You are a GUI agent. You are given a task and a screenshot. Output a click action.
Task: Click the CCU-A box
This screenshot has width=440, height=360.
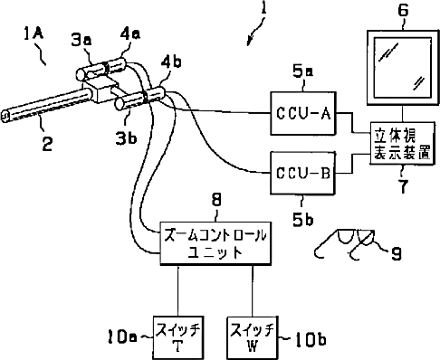coord(302,113)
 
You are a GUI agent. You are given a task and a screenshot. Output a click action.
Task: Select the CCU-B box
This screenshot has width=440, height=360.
coord(302,173)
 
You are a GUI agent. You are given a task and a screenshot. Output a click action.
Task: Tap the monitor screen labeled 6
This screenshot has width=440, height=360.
coord(403,68)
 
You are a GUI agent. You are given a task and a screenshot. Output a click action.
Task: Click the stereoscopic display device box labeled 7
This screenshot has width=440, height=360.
coord(402,143)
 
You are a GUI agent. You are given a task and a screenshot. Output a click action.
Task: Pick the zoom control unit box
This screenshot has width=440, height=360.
coord(215,243)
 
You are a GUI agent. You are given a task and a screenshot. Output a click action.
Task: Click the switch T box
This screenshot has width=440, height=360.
coord(177,337)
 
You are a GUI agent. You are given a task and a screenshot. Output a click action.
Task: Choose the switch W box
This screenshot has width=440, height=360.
coord(253,337)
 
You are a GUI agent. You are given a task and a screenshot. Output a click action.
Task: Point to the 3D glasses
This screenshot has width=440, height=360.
coord(344,243)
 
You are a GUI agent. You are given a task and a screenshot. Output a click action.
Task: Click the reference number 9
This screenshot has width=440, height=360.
coord(397,253)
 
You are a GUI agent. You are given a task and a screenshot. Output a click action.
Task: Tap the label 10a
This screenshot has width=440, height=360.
coord(121,336)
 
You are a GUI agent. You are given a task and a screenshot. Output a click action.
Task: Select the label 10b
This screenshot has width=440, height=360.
coord(311,339)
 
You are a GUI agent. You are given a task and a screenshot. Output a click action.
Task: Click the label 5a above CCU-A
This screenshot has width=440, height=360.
coord(302,71)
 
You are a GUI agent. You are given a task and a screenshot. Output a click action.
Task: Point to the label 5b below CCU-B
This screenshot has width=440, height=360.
coord(302,219)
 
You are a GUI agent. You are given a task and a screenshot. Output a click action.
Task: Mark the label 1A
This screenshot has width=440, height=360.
coord(33,33)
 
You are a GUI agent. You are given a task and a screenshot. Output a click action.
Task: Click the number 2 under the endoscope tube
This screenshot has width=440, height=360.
coord(47,144)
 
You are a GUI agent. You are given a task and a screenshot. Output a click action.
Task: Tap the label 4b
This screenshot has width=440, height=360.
coord(171,62)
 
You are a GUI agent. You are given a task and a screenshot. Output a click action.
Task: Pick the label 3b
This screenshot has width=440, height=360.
coord(126,137)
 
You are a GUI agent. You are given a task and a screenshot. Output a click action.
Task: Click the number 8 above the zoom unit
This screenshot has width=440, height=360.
coord(216,199)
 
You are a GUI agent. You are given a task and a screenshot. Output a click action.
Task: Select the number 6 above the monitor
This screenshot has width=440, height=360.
coord(403,10)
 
